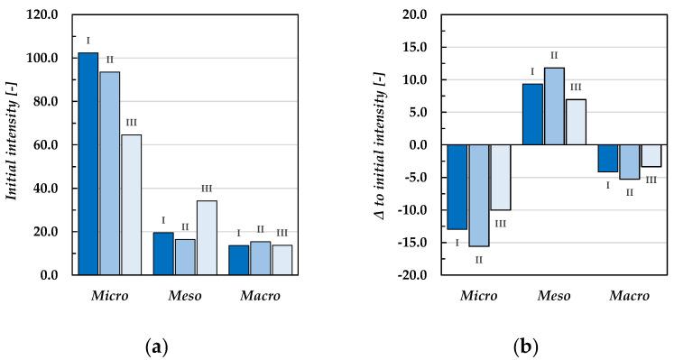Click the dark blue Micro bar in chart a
click(88, 163)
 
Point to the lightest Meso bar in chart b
click(576, 122)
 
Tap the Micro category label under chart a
click(109, 296)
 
